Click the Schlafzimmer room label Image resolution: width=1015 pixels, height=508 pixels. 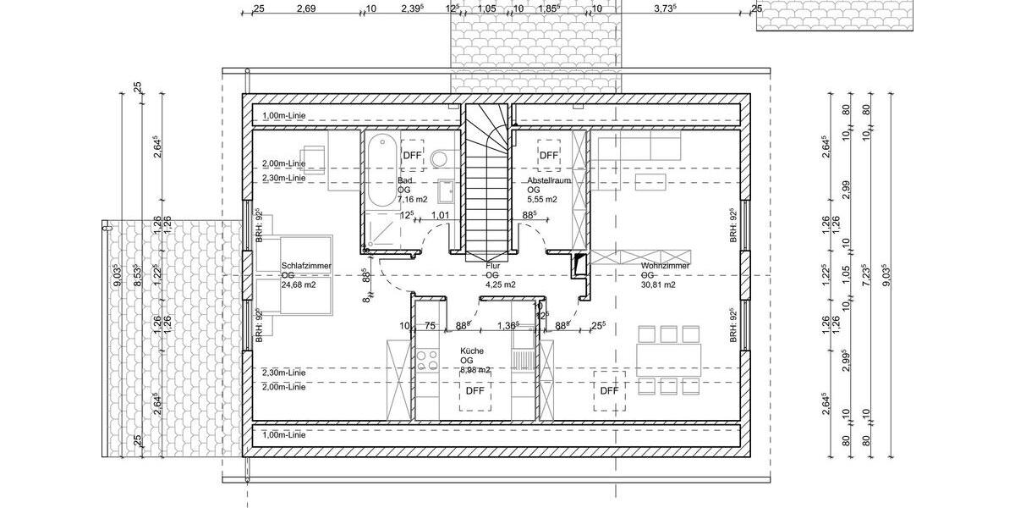[x=306, y=266]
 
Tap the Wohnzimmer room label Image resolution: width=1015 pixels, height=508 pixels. [x=665, y=266]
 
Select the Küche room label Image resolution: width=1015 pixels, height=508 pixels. [x=473, y=351]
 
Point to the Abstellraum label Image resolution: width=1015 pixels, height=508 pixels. [x=549, y=181]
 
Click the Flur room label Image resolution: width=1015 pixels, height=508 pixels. [x=493, y=266]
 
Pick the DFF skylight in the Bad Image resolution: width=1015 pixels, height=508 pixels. [x=412, y=155]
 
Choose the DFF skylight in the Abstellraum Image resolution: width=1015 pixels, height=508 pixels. [x=549, y=155]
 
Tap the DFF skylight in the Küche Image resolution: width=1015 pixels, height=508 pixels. [x=475, y=391]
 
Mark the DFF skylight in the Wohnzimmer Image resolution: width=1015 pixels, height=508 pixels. [x=609, y=390]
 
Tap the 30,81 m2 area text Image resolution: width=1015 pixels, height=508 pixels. [x=658, y=285]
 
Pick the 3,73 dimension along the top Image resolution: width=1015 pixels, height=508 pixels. [x=667, y=8]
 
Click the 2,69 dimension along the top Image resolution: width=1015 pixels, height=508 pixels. [x=306, y=8]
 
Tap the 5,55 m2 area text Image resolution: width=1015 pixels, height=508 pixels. [x=542, y=200]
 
